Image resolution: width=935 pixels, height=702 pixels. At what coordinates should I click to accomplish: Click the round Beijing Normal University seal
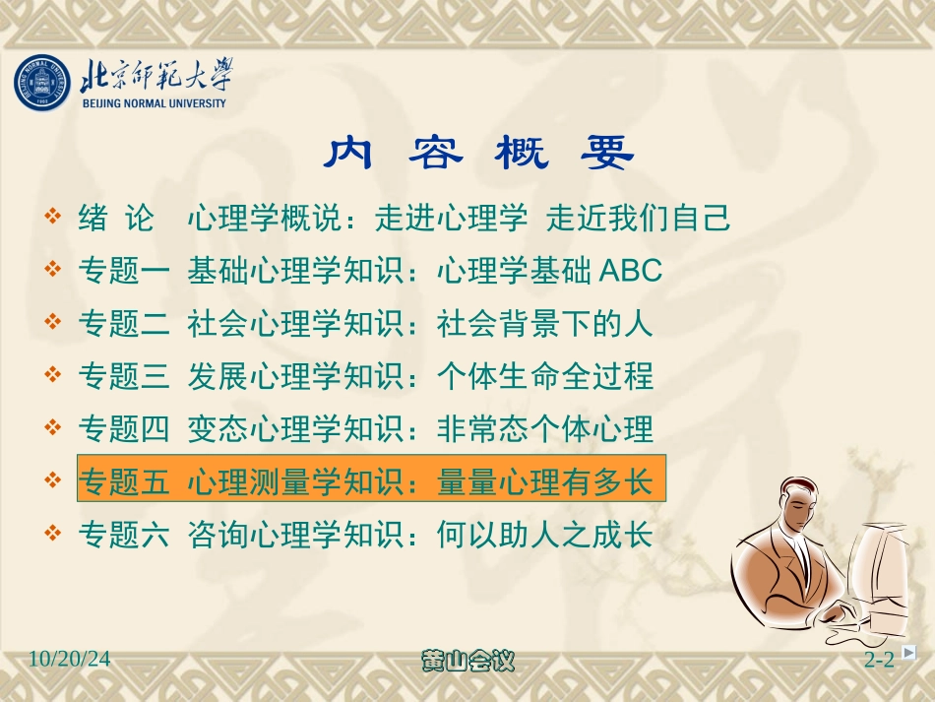tap(44, 83)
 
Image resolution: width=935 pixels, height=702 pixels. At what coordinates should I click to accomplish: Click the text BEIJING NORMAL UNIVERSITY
tap(154, 103)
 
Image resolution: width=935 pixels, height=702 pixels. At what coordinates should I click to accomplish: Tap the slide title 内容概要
tap(479, 153)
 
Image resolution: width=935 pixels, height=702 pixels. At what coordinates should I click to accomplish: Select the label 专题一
tap(123, 270)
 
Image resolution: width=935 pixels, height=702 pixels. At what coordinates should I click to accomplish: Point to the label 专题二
tap(123, 323)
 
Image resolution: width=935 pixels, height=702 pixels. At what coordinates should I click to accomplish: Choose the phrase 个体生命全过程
tap(544, 376)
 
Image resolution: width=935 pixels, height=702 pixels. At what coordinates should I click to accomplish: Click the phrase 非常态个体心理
tap(544, 429)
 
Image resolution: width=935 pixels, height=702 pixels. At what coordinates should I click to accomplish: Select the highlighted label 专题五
tap(123, 482)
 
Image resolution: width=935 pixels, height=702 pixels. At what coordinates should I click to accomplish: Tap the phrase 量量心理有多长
tap(544, 482)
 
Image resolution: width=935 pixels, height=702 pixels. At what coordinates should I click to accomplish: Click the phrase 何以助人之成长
tap(544, 536)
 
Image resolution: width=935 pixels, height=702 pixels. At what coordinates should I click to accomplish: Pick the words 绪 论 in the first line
tap(115, 218)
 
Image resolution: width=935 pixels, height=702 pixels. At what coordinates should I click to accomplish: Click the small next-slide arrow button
tap(908, 652)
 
